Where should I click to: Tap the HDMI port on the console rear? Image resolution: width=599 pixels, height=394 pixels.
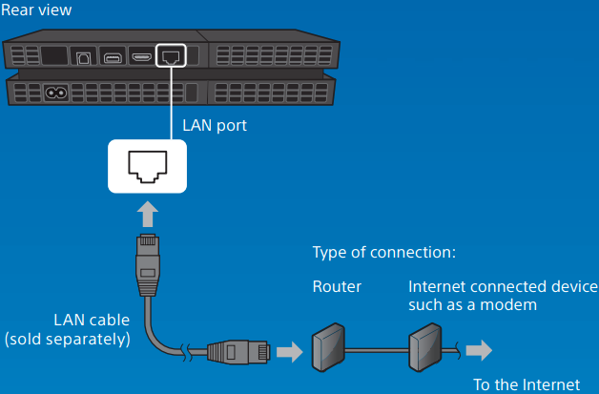point(142,56)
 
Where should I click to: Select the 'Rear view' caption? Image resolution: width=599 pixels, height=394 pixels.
point(36,10)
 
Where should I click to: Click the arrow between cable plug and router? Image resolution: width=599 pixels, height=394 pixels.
point(288,351)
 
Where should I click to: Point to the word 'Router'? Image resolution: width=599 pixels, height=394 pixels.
point(336,286)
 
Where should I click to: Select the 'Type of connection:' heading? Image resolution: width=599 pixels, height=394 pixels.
point(384,254)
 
